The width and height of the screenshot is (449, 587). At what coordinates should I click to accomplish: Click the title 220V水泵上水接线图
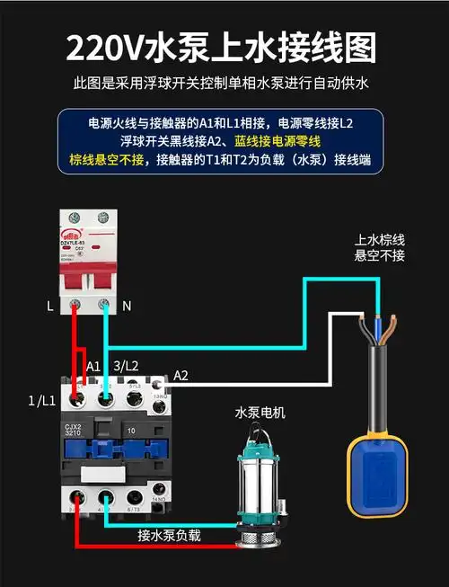[x=224, y=45]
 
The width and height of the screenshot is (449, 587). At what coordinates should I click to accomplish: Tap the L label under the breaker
[x=50, y=306]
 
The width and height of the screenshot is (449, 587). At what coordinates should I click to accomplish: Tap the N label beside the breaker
[x=127, y=306]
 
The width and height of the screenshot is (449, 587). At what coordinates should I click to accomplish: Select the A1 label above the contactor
[x=93, y=366]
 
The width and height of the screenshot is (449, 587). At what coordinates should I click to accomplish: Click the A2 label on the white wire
[x=180, y=374]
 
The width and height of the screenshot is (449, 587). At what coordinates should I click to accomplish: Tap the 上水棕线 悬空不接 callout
[x=380, y=248]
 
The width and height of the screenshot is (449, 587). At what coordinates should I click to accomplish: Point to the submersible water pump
[x=260, y=490]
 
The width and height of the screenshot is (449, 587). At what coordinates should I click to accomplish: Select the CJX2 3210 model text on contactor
[x=74, y=432]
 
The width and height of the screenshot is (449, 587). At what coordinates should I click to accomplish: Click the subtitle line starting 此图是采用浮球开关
[x=224, y=84]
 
